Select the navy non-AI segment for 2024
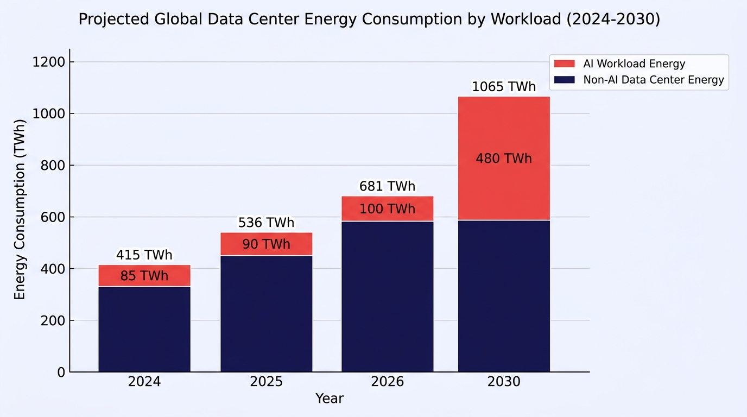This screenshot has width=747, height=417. click(144, 329)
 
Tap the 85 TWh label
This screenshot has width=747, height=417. click(144, 276)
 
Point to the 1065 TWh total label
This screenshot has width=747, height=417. click(504, 87)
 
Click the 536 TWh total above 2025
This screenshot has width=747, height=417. click(266, 223)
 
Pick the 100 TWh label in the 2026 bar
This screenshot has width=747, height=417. click(388, 209)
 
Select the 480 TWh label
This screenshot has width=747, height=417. click(504, 159)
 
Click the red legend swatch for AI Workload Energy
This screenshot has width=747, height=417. click(564, 64)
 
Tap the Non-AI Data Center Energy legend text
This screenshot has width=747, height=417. click(654, 80)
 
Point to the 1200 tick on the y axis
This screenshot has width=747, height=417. click(48, 62)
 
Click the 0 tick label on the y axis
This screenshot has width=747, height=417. click(61, 372)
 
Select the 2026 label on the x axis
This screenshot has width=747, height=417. click(388, 382)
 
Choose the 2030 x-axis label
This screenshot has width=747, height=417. click(504, 382)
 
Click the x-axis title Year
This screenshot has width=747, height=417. click(330, 399)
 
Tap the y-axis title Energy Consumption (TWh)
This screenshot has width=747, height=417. click(20, 210)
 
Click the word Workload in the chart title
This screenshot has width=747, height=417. click(526, 19)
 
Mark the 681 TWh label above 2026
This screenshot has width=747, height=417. click(388, 186)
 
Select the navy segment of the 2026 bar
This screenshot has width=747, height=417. click(388, 296)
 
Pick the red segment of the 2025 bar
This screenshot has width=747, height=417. click(267, 244)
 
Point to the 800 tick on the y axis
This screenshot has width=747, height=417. click(52, 166)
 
